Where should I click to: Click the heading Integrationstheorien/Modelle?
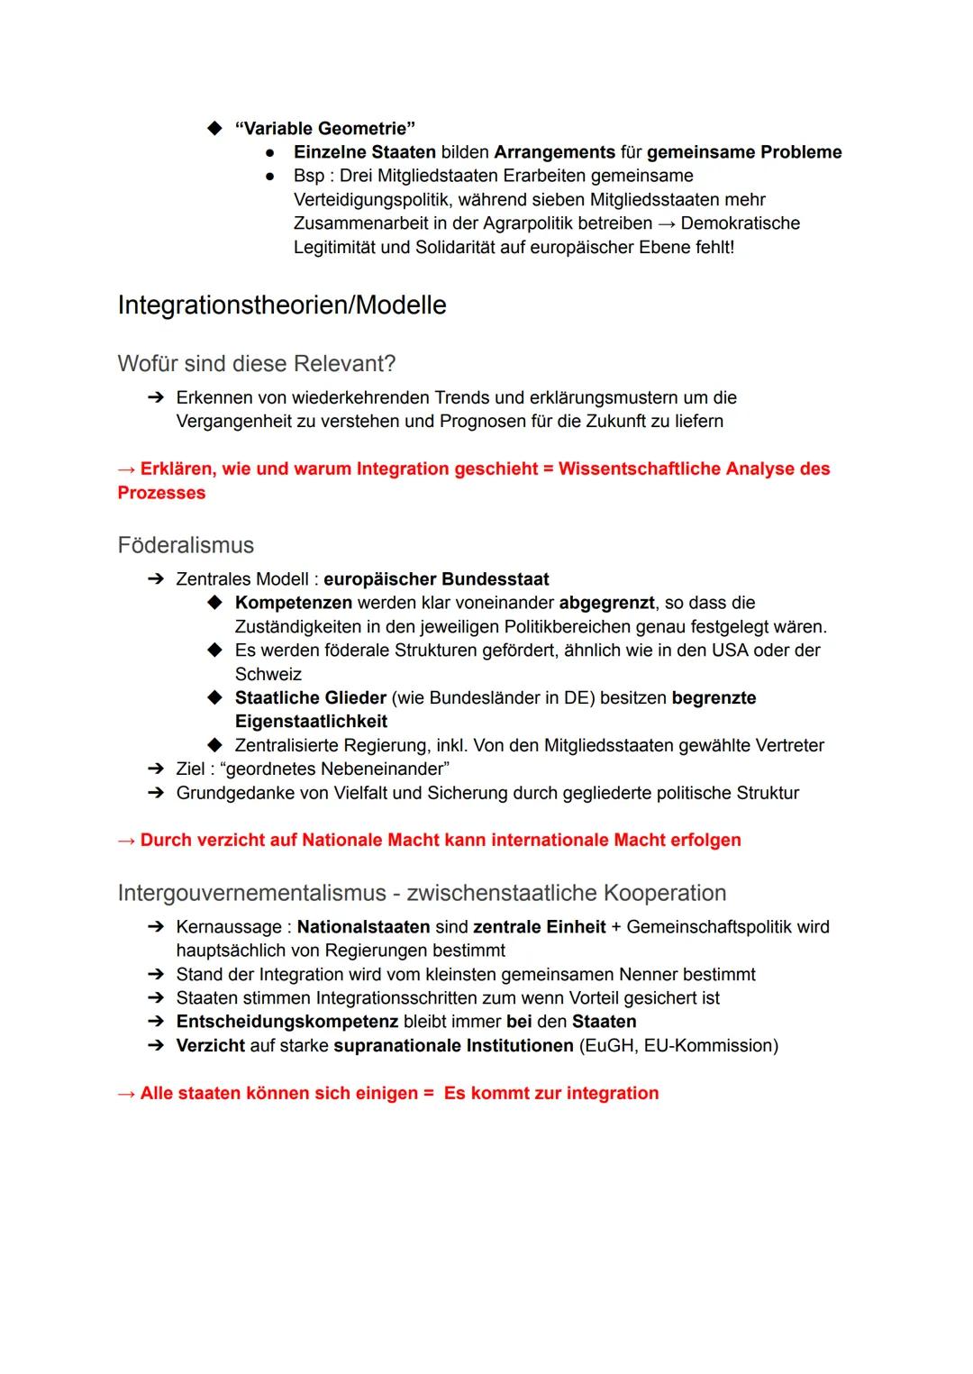[x=282, y=305]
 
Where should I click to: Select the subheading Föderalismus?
[x=186, y=545]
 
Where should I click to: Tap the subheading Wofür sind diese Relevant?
[x=256, y=364]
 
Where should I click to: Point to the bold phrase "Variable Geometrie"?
[x=324, y=128]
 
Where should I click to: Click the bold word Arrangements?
[x=554, y=152]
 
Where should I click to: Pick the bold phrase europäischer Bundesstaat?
[x=436, y=579]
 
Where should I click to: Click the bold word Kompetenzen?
[x=294, y=603]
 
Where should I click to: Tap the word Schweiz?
[x=268, y=674]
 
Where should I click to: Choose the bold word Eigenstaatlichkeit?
[x=311, y=722]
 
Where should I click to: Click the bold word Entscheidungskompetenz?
[x=286, y=1022]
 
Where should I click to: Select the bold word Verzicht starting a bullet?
[x=210, y=1045]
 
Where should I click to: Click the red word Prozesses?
[x=161, y=493]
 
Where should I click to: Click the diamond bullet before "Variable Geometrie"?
[x=214, y=128]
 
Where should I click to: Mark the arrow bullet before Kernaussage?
[x=156, y=927]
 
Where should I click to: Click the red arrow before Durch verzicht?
[x=126, y=841]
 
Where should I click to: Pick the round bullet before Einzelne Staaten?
[x=268, y=152]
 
